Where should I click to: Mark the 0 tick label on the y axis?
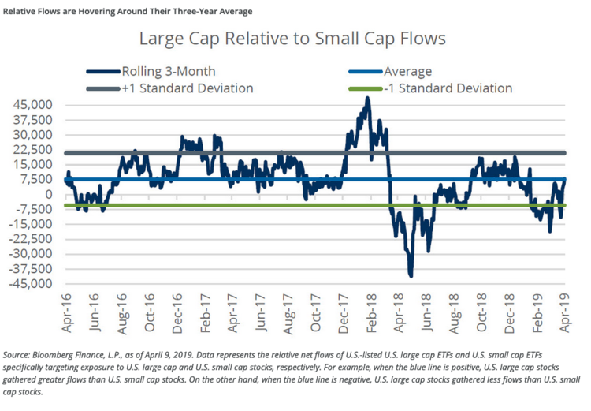point(49,194)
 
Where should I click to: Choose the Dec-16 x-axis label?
point(179,309)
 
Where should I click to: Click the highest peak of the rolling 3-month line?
point(368,99)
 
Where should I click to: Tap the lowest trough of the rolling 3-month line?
point(411,275)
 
